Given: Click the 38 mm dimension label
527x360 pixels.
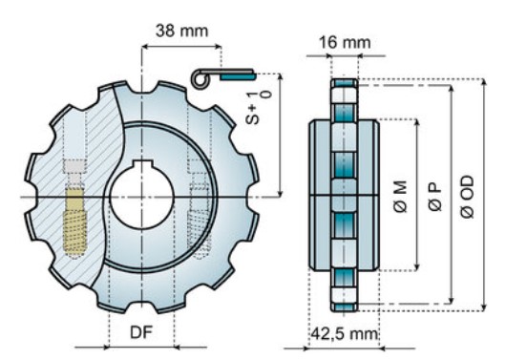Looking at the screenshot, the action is point(181,31).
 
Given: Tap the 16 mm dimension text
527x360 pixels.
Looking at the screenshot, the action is point(345,43).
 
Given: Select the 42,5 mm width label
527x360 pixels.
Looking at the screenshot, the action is point(344,334).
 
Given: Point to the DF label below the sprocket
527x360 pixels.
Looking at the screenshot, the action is point(141,332).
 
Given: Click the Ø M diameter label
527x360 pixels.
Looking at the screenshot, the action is point(400,197).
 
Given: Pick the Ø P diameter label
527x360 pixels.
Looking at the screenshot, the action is point(435,197).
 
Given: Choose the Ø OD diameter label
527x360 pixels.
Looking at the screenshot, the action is point(468,197).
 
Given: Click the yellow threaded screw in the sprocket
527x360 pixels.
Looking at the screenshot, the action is point(74,221).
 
